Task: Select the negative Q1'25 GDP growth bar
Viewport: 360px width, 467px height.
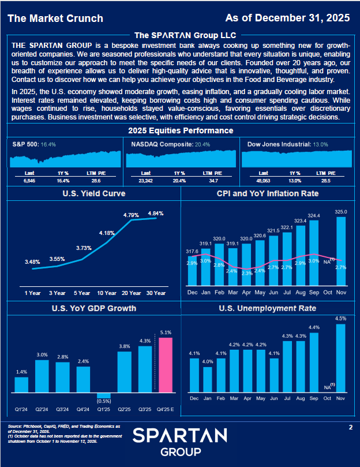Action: pos(104,395)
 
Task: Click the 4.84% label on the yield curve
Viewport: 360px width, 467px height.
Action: pos(156,214)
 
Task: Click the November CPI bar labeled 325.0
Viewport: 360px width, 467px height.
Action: pos(341,251)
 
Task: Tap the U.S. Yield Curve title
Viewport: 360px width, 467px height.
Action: pos(93,194)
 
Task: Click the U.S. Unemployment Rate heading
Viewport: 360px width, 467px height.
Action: pos(268,308)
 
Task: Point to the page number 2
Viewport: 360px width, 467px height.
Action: pos(350,427)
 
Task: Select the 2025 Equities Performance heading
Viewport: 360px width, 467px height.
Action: pos(180,130)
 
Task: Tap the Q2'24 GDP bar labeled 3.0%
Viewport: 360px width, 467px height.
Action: pos(42,376)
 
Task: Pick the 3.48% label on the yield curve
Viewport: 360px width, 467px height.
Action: pos(32,262)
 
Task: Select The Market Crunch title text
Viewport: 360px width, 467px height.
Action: pos(56,18)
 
